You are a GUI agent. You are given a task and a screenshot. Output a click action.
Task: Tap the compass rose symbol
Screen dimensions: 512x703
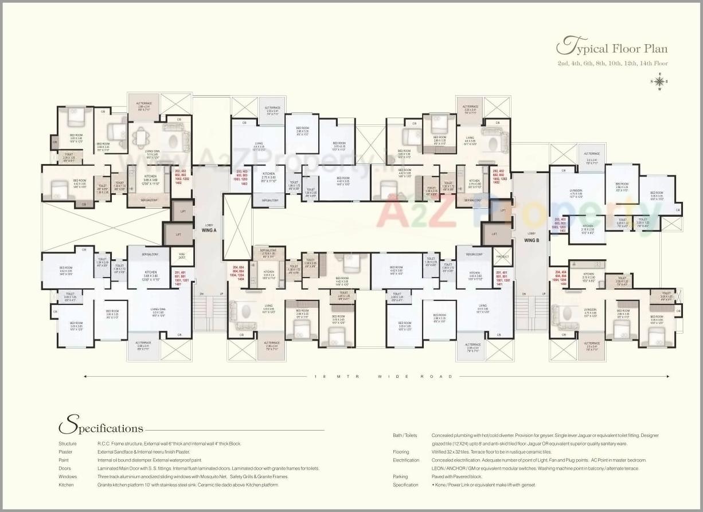point(659,81)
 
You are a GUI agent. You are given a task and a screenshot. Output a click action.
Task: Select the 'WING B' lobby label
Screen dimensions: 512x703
point(532,240)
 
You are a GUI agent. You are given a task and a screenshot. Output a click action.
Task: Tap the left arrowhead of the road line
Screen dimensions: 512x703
point(86,377)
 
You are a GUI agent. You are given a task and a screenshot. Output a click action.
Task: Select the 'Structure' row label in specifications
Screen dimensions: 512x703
point(67,444)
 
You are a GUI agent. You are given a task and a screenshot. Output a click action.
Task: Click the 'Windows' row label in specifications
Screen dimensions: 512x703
point(67,476)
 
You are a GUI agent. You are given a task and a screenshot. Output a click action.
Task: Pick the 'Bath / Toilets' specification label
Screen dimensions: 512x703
point(405,436)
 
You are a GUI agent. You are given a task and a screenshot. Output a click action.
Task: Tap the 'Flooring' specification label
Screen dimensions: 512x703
point(401,452)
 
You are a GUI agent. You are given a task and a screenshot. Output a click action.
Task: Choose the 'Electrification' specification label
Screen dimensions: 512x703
point(405,460)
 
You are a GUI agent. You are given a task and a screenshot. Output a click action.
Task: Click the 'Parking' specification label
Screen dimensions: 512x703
point(400,476)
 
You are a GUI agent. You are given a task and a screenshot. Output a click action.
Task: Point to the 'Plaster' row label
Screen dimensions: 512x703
point(65,452)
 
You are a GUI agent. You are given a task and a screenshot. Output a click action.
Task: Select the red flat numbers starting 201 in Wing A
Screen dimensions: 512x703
point(181,278)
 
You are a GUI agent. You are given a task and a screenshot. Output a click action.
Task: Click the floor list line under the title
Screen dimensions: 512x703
point(612,63)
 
